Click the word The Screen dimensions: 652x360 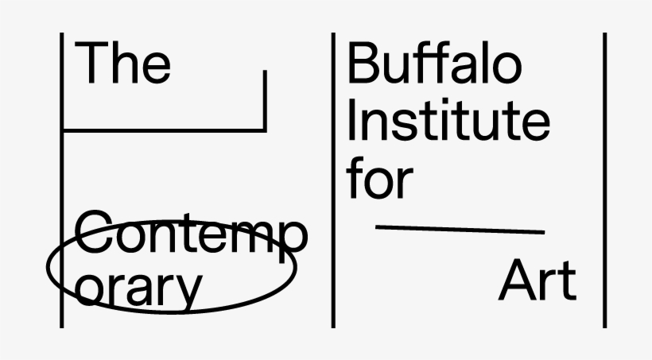click(x=122, y=62)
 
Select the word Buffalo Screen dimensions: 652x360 click(x=434, y=62)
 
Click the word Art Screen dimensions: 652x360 click(x=538, y=280)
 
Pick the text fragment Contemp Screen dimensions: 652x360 click(x=192, y=235)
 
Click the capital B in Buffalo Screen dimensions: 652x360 click(x=363, y=62)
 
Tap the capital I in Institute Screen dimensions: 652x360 click(x=351, y=119)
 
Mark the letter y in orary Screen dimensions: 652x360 click(x=188, y=293)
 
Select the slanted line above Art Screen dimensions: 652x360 click(x=460, y=229)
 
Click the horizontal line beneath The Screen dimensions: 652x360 click(x=164, y=131)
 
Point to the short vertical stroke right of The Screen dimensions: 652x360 click(x=265, y=101)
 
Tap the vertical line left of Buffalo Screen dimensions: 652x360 click(x=333, y=180)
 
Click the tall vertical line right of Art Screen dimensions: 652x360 click(x=604, y=180)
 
